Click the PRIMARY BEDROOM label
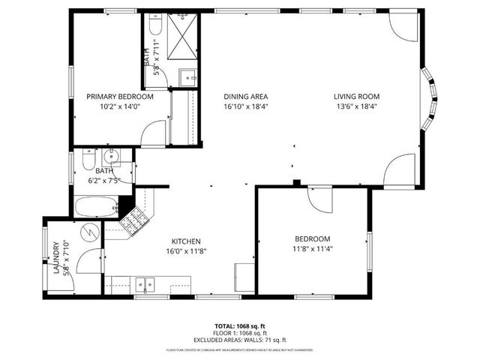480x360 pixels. [x=120, y=97]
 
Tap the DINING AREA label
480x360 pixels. [x=246, y=97]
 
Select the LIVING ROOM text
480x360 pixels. [x=357, y=97]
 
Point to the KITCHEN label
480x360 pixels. [x=185, y=241]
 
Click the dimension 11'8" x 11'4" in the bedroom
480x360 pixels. [x=312, y=249]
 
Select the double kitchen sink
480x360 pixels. [x=145, y=283]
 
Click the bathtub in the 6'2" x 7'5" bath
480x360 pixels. [x=96, y=205]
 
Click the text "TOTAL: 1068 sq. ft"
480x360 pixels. [x=240, y=326]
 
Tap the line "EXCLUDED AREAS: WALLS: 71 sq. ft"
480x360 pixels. [x=240, y=340]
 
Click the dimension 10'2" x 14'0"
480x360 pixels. [x=120, y=106]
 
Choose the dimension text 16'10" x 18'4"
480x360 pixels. [x=246, y=106]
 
